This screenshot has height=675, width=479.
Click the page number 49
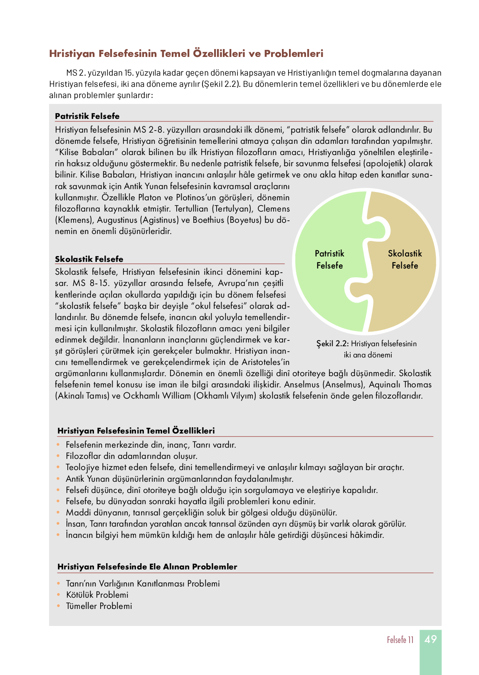point(430,639)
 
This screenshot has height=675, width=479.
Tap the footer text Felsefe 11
point(400,640)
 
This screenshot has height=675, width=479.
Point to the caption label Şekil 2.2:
point(332,344)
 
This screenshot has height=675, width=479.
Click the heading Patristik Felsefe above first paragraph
point(87,116)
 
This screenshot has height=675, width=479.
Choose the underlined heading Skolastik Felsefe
point(89,259)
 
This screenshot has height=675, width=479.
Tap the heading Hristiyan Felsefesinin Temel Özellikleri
point(136,431)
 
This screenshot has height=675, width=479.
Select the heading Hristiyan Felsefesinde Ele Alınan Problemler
point(147,567)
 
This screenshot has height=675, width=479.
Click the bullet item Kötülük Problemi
point(97,595)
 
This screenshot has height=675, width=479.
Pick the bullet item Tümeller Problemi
point(99,606)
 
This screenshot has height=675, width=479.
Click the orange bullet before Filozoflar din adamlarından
point(58,456)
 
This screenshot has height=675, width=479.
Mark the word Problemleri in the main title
point(294,54)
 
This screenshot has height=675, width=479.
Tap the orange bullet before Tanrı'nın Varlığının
point(58,584)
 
